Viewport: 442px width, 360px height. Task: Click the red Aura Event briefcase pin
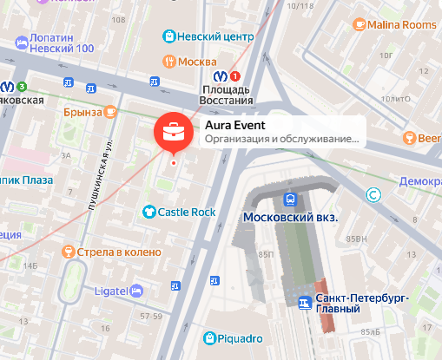(172, 132)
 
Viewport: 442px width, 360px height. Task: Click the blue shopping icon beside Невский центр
(171, 36)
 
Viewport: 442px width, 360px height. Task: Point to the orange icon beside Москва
(171, 62)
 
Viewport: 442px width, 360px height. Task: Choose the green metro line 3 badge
(22, 86)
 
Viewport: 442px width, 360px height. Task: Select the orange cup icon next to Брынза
(110, 112)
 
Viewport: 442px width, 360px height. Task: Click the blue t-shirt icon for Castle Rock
(149, 212)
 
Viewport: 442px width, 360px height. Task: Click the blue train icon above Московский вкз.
(290, 198)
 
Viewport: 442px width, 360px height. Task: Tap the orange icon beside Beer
(409, 138)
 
